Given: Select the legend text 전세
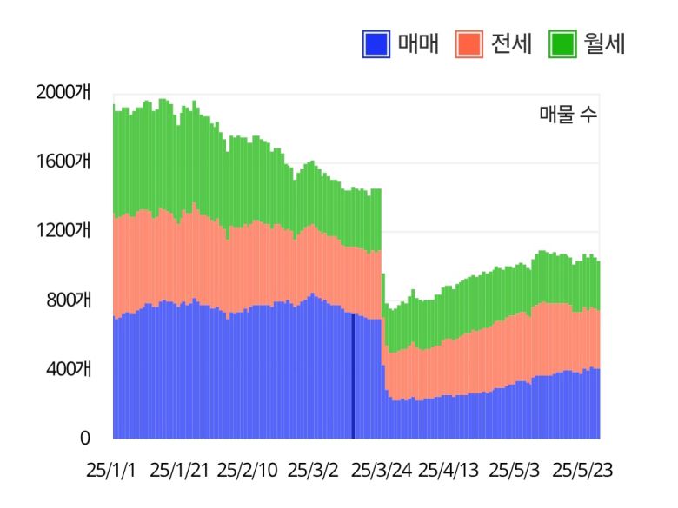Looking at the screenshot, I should (x=511, y=43).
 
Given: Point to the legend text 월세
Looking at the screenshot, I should (x=604, y=43).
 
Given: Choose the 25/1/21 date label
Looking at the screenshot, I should (x=179, y=471).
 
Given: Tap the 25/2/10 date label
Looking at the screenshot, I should (x=247, y=471).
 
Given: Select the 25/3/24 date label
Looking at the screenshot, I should (x=381, y=471).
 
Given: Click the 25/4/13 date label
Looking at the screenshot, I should (x=449, y=471).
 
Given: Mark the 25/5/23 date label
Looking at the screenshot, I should (x=583, y=471).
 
